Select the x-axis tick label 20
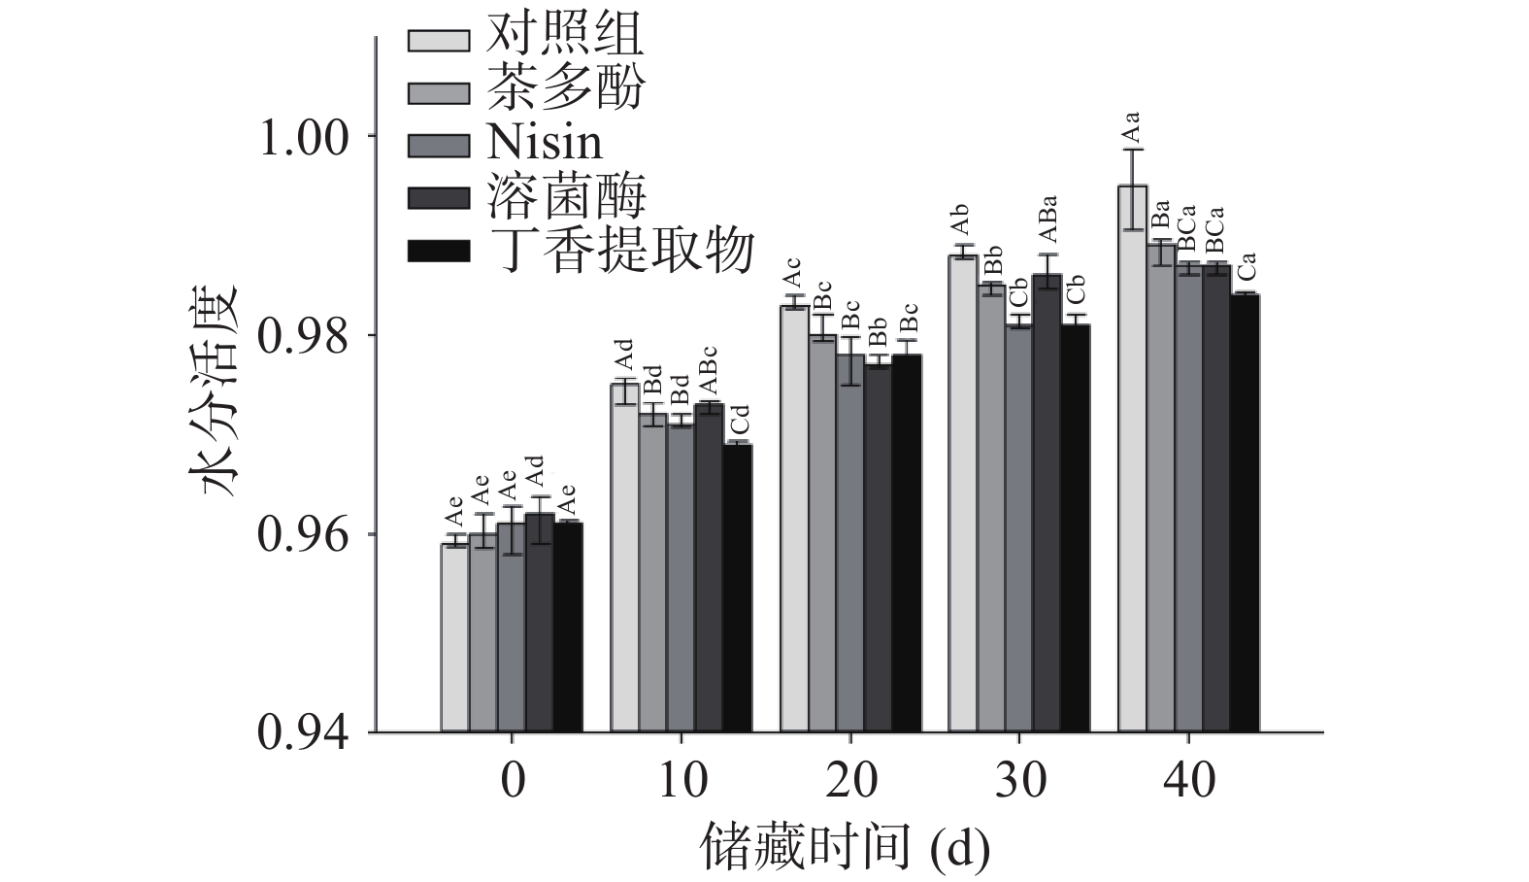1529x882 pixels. [850, 780]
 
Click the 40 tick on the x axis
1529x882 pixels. [1188, 780]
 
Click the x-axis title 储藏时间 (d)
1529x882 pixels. [845, 849]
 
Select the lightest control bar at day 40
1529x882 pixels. [1132, 457]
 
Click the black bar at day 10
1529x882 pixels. [737, 587]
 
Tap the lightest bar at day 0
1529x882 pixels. [454, 636]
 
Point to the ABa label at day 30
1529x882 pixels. [1047, 220]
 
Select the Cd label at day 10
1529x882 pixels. [740, 422]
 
